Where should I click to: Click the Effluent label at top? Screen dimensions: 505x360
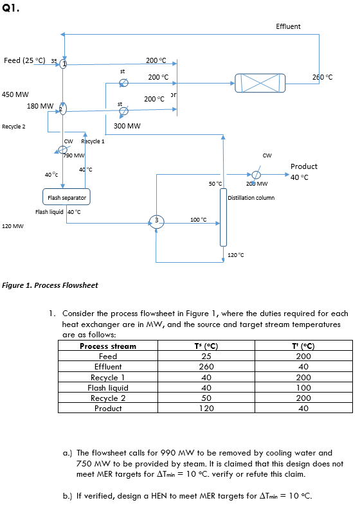(288, 26)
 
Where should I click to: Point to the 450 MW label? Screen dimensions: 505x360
(14, 94)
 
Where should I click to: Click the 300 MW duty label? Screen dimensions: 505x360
(127, 127)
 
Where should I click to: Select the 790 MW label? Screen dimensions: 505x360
(75, 155)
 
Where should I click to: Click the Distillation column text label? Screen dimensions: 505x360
(251, 197)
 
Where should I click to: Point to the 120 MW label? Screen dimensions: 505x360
(13, 226)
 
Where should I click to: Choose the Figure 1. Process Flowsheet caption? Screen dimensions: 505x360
(51, 285)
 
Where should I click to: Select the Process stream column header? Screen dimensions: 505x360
(108, 346)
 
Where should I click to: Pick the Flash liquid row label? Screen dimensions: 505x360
(108, 387)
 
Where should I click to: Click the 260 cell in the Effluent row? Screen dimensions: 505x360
(206, 367)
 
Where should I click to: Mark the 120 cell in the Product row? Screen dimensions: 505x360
(206, 408)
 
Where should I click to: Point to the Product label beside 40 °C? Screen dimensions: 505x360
(303, 166)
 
